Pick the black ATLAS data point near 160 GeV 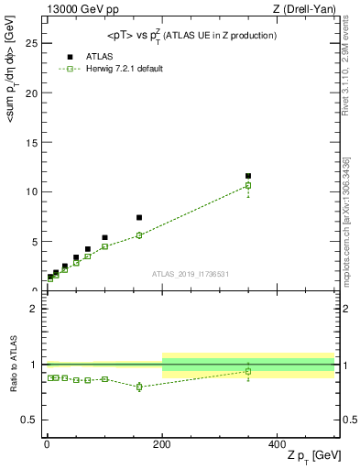139,218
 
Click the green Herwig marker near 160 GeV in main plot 139,235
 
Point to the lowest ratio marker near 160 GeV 139,387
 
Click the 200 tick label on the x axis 162,443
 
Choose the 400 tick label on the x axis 278,443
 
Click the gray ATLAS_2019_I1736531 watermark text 191,274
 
